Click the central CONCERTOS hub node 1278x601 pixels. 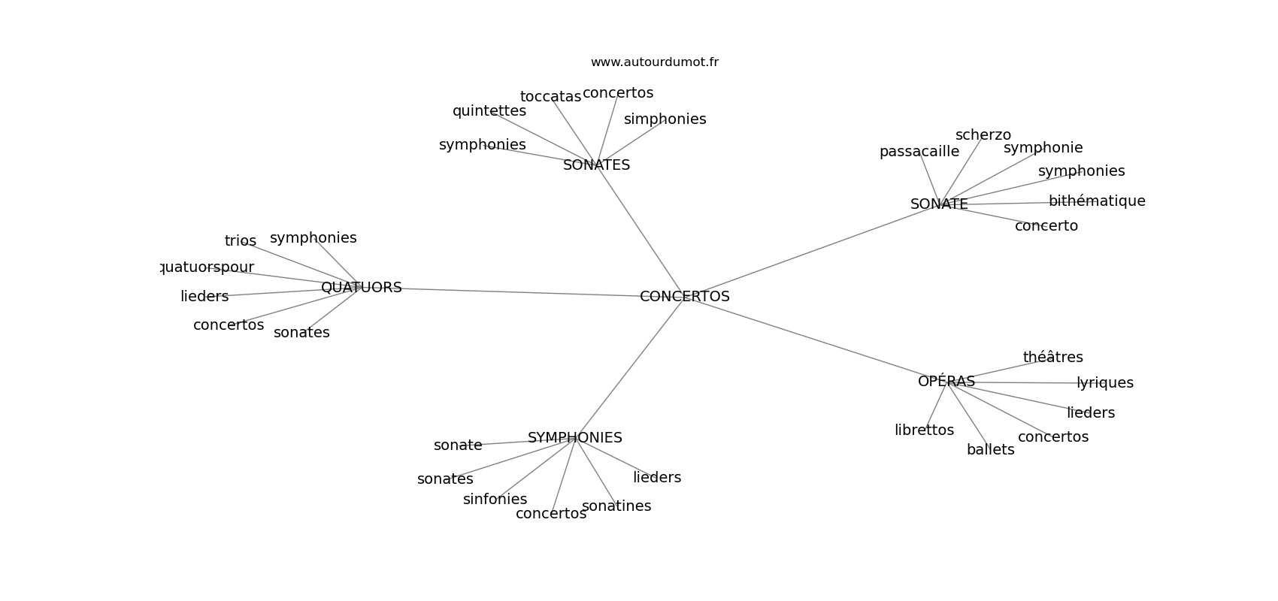click(684, 297)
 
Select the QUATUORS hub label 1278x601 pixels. click(361, 288)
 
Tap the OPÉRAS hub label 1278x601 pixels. click(946, 382)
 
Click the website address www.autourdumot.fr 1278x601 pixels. click(654, 62)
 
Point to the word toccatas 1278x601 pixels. click(550, 97)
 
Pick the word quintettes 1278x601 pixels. click(489, 111)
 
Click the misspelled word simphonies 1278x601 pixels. click(665, 119)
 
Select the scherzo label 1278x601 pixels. click(983, 135)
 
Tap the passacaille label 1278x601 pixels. click(919, 152)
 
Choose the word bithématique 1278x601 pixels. click(1096, 201)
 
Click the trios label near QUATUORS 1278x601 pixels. click(240, 241)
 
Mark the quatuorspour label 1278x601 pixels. click(207, 267)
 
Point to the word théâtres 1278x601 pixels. click(1052, 358)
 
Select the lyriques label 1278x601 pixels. click(1104, 383)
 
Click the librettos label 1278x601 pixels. click(924, 430)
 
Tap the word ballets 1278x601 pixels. click(990, 450)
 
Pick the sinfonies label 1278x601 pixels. click(495, 500)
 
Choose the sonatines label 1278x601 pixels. click(616, 506)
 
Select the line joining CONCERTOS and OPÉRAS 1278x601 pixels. click(812, 338)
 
